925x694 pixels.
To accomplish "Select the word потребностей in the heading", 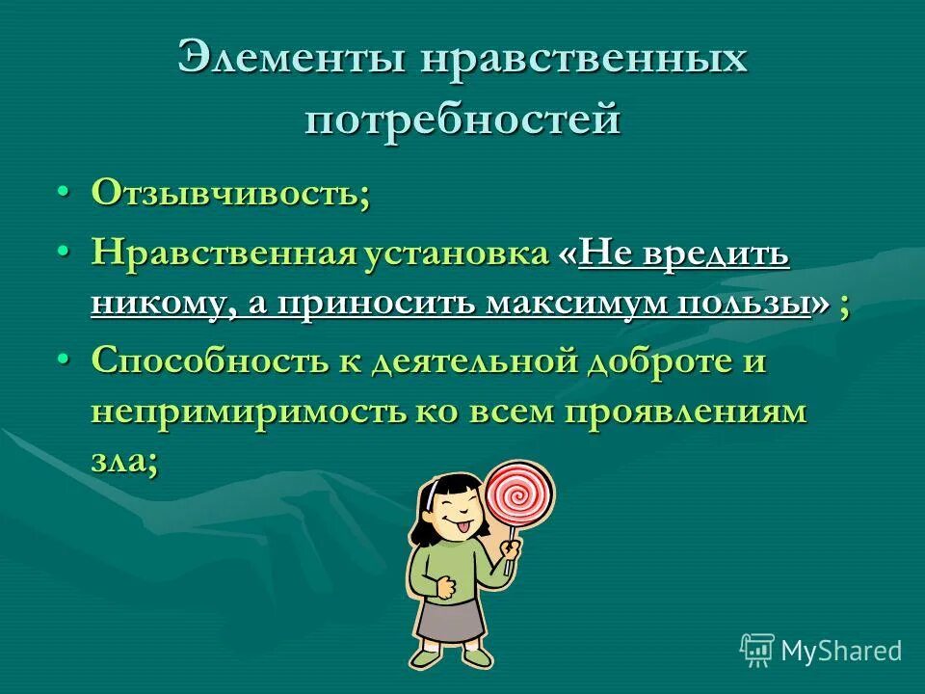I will point(462,120).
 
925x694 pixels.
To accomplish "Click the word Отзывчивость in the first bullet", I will point(225,193).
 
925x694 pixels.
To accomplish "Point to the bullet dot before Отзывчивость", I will point(64,192).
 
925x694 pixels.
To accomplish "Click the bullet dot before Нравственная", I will point(64,254).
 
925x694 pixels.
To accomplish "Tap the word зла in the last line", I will point(118,461).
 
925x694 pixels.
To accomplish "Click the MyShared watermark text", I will point(840,651).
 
